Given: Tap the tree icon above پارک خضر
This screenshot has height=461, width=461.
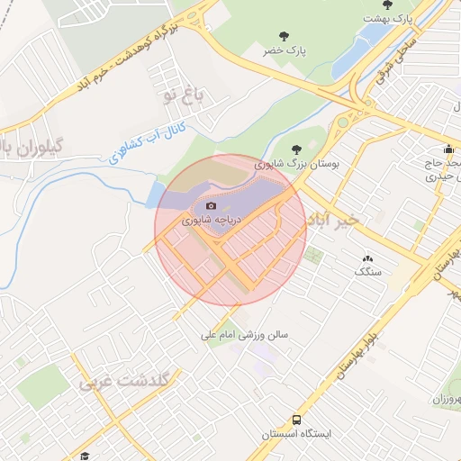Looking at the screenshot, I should click(285, 36).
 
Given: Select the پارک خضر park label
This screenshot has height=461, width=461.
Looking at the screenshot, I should click(285, 51).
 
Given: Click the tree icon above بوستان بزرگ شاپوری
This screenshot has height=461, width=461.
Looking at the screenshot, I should click(297, 149).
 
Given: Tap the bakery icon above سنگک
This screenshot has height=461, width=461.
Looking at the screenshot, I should click(367, 258).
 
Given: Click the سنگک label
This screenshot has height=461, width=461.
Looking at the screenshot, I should click(368, 271).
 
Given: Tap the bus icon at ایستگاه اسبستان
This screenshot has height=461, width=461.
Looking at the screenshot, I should click(297, 420).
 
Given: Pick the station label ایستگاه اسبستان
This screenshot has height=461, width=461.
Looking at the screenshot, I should click(297, 435).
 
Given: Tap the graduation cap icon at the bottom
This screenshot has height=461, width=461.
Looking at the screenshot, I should click(85, 456).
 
